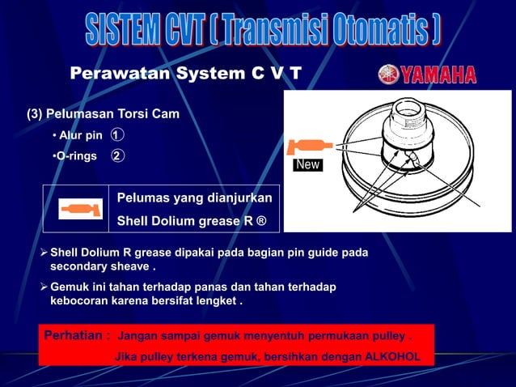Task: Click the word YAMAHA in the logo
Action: click(x=438, y=74)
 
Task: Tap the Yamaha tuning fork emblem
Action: click(x=388, y=74)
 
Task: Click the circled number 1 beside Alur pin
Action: click(x=117, y=134)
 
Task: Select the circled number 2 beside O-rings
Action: click(x=117, y=155)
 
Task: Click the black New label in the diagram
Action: click(x=308, y=165)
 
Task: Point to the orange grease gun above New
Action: click(x=308, y=147)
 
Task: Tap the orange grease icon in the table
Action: click(x=80, y=210)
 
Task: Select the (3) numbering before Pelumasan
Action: click(x=35, y=113)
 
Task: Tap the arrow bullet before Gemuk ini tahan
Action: click(x=44, y=287)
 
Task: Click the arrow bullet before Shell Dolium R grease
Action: click(x=44, y=253)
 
